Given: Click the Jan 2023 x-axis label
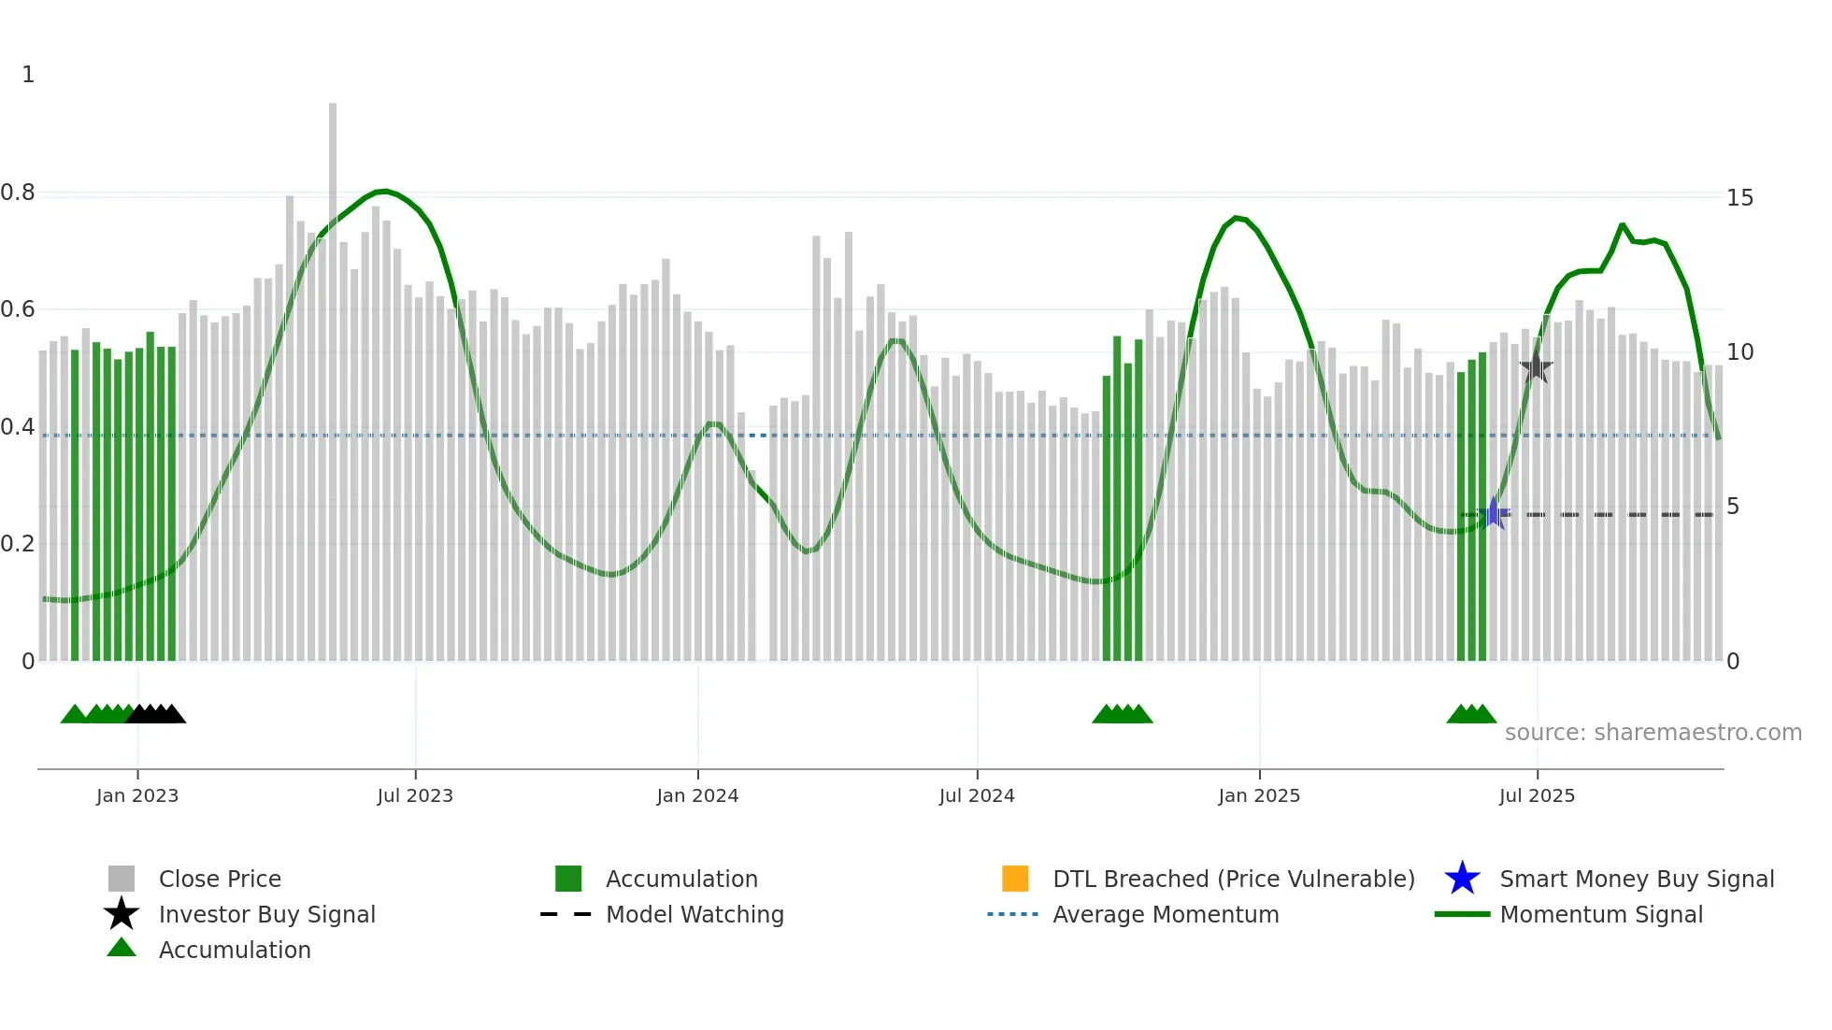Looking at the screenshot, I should pos(137,795).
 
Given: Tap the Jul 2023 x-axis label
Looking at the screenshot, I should pos(415,795).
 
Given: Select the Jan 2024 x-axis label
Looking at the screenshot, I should pos(697,795).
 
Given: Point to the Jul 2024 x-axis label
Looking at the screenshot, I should pos(977,795).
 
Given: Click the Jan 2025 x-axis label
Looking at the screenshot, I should pos(1259,795).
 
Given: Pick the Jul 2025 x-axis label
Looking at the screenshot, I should pos(1537,795).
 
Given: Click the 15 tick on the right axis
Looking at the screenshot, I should pos(1739,198).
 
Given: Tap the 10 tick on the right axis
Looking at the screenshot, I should pos(1739,352).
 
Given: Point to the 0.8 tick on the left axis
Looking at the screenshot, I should pos(19,193).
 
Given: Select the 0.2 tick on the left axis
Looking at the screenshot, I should pos(19,544).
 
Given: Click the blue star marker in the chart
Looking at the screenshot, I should pos(1494,513).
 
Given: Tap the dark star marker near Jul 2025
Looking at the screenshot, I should pos(1536,367).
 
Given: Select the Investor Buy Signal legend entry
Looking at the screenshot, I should pos(266,914).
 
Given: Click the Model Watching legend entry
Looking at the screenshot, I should pos(694,914).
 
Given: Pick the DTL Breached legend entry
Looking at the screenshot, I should pos(1233,879).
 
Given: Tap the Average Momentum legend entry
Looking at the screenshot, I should pos(1165,914).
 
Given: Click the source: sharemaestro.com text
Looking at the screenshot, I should pos(1653,733).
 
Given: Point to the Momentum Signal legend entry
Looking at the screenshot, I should pos(1600,914).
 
